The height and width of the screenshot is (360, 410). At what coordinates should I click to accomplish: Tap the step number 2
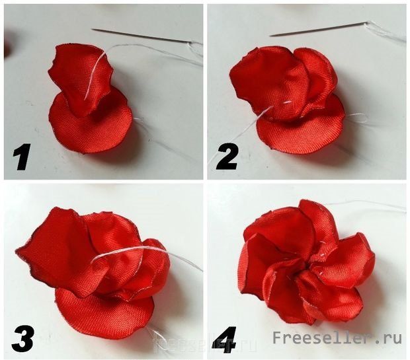coord(226,157)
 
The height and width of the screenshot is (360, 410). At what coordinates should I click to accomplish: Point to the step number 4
coord(225,337)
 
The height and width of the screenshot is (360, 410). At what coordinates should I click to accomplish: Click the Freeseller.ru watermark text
coord(337,338)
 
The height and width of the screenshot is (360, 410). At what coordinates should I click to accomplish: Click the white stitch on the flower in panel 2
coord(288,102)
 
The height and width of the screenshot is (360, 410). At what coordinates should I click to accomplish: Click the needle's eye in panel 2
coord(366,24)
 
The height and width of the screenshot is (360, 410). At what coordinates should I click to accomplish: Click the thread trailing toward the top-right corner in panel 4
coord(366,205)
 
